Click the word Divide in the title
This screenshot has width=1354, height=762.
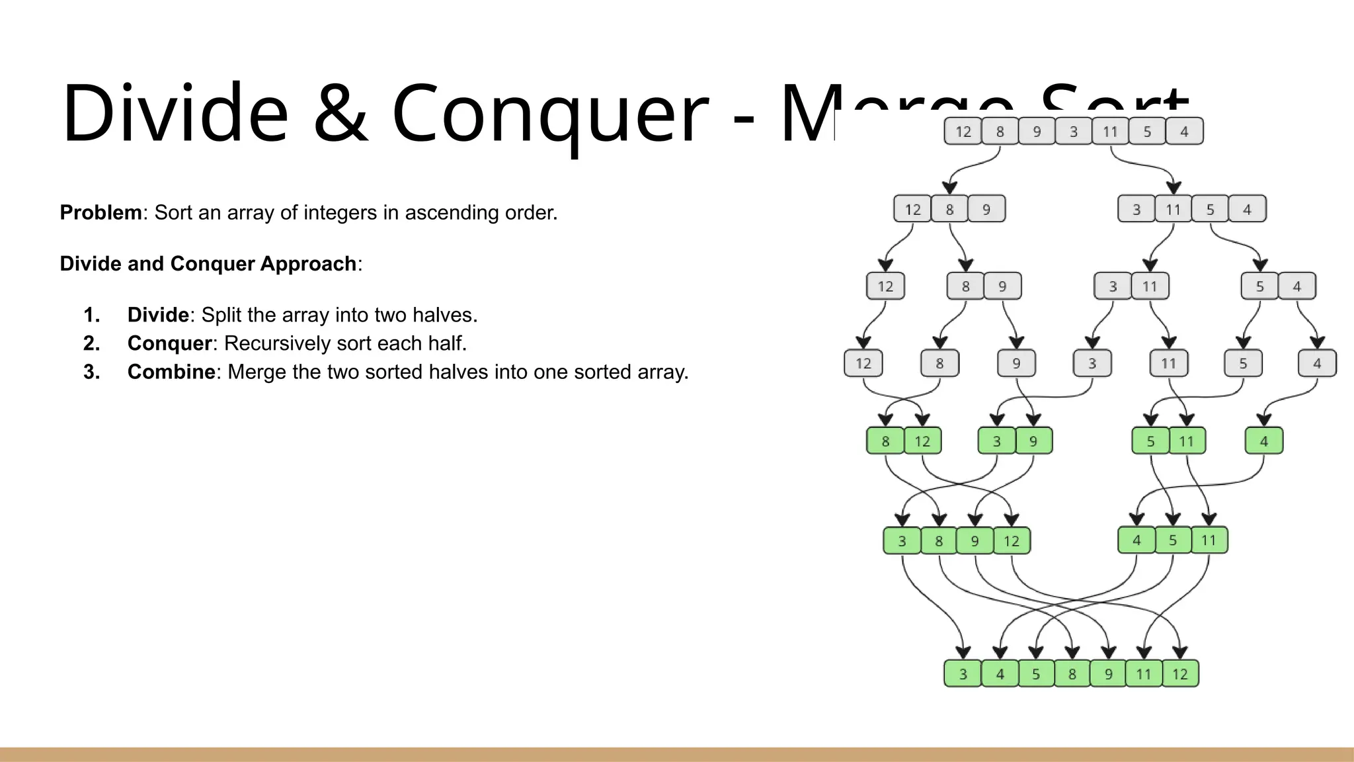coord(175,112)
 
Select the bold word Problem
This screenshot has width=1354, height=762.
coord(100,212)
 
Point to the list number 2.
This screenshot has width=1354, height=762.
coord(91,343)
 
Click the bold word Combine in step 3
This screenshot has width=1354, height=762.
coord(171,372)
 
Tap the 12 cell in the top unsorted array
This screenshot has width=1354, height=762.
coord(963,132)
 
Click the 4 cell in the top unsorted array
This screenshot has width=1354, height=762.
coord(1184,132)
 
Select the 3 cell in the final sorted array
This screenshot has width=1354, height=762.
coord(963,674)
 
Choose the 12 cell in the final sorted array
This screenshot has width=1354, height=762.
coord(1180,674)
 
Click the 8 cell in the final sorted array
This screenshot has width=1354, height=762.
coord(1072,674)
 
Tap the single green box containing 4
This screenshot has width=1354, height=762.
coord(1263,441)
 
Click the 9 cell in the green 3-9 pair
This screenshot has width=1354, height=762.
coord(1033,441)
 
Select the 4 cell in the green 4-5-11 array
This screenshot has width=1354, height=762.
coord(1136,540)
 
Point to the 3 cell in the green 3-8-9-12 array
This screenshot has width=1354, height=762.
coord(902,541)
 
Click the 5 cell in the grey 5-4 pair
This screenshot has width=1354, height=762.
coord(1259,286)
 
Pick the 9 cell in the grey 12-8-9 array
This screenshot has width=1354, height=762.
coord(986,210)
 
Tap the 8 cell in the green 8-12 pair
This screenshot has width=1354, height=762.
coord(885,441)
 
